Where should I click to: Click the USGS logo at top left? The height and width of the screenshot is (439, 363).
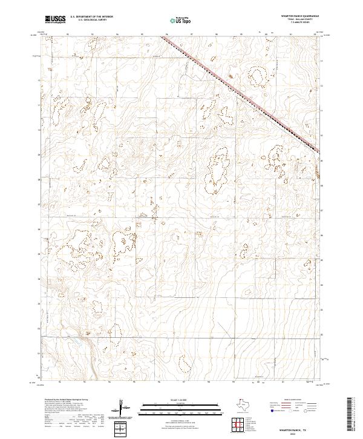coord(55,19)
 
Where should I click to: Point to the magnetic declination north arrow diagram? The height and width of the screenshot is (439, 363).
coord(123,406)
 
